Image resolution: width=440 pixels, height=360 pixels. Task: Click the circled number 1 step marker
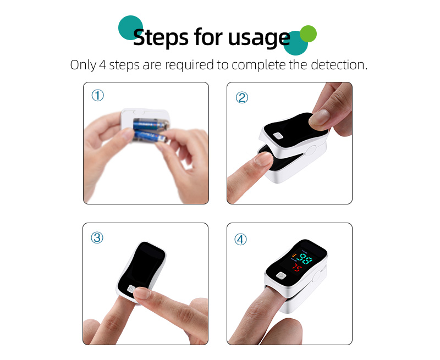pos(97,96)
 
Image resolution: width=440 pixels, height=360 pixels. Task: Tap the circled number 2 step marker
pos(242,97)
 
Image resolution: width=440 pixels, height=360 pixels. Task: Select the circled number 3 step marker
pos(97,237)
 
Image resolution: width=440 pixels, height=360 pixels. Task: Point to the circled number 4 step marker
pos(241,239)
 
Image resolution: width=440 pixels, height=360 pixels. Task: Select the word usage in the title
pos(256,38)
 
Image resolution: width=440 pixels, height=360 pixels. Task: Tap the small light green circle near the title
pos(308,34)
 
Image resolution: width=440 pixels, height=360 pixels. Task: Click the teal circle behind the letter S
pos(131,27)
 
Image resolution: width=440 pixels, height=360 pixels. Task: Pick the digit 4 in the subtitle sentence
pos(102,65)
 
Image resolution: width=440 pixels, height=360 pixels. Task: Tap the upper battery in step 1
pos(147,125)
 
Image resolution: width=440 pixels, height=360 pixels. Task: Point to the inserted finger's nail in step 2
pos(263,160)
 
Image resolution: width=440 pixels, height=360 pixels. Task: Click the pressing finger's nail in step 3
pos(142,295)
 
